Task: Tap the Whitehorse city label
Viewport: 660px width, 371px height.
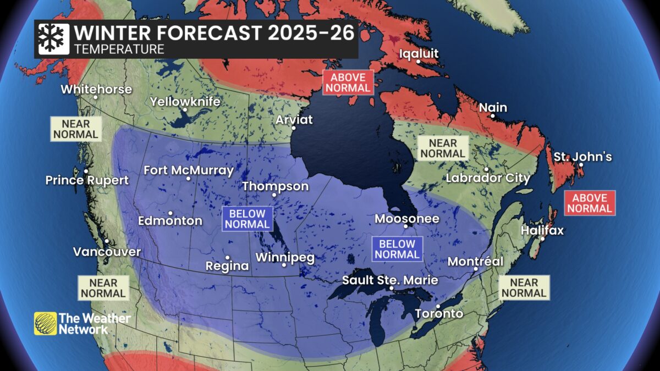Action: click(x=96, y=89)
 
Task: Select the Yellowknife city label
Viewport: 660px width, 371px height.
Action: click(x=185, y=102)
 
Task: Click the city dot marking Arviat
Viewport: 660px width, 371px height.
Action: click(x=294, y=128)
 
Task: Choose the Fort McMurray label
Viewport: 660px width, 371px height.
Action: click(x=189, y=170)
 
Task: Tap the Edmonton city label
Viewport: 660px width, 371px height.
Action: click(x=170, y=220)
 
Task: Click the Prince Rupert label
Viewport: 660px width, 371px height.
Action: click(x=87, y=180)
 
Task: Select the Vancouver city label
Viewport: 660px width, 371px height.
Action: click(x=107, y=252)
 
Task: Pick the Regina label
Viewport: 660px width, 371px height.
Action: click(x=227, y=266)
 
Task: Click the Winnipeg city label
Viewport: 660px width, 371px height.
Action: click(x=284, y=257)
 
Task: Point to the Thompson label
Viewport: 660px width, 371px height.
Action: click(x=276, y=186)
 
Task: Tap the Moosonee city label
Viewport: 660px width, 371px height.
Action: click(x=407, y=219)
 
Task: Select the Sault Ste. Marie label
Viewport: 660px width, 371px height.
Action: click(x=390, y=280)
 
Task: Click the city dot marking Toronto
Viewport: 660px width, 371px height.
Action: click(x=438, y=306)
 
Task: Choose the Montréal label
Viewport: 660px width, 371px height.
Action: click(x=475, y=262)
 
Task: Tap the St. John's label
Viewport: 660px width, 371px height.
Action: click(x=582, y=157)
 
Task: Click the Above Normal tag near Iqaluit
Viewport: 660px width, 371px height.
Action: click(x=348, y=82)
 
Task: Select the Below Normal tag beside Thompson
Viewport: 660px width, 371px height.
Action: click(x=247, y=219)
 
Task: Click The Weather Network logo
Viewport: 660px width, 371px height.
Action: click(x=82, y=323)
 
